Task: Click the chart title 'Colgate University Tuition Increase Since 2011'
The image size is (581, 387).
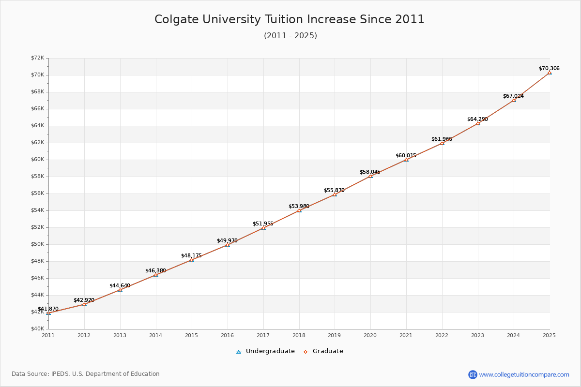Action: (290, 19)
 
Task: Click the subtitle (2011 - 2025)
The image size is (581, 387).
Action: (290, 36)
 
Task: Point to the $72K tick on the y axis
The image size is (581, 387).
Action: (37, 58)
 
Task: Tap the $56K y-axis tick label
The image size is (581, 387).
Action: (37, 193)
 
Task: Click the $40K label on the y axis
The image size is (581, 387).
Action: (37, 329)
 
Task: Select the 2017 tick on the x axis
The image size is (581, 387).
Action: (263, 335)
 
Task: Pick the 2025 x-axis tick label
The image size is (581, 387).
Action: (549, 335)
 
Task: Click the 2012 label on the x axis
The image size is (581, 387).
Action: (84, 335)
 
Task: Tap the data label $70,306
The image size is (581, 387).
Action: (549, 69)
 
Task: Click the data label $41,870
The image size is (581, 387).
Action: (48, 309)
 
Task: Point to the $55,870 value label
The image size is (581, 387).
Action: (334, 191)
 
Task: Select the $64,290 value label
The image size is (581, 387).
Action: (477, 119)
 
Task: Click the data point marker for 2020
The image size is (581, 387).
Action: (370, 176)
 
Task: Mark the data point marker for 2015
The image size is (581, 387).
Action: (192, 260)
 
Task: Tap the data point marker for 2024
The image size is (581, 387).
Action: (514, 100)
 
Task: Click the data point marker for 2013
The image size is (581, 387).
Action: (120, 290)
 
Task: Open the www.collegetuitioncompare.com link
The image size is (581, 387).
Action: (524, 374)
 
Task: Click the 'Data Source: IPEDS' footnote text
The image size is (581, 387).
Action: (86, 374)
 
